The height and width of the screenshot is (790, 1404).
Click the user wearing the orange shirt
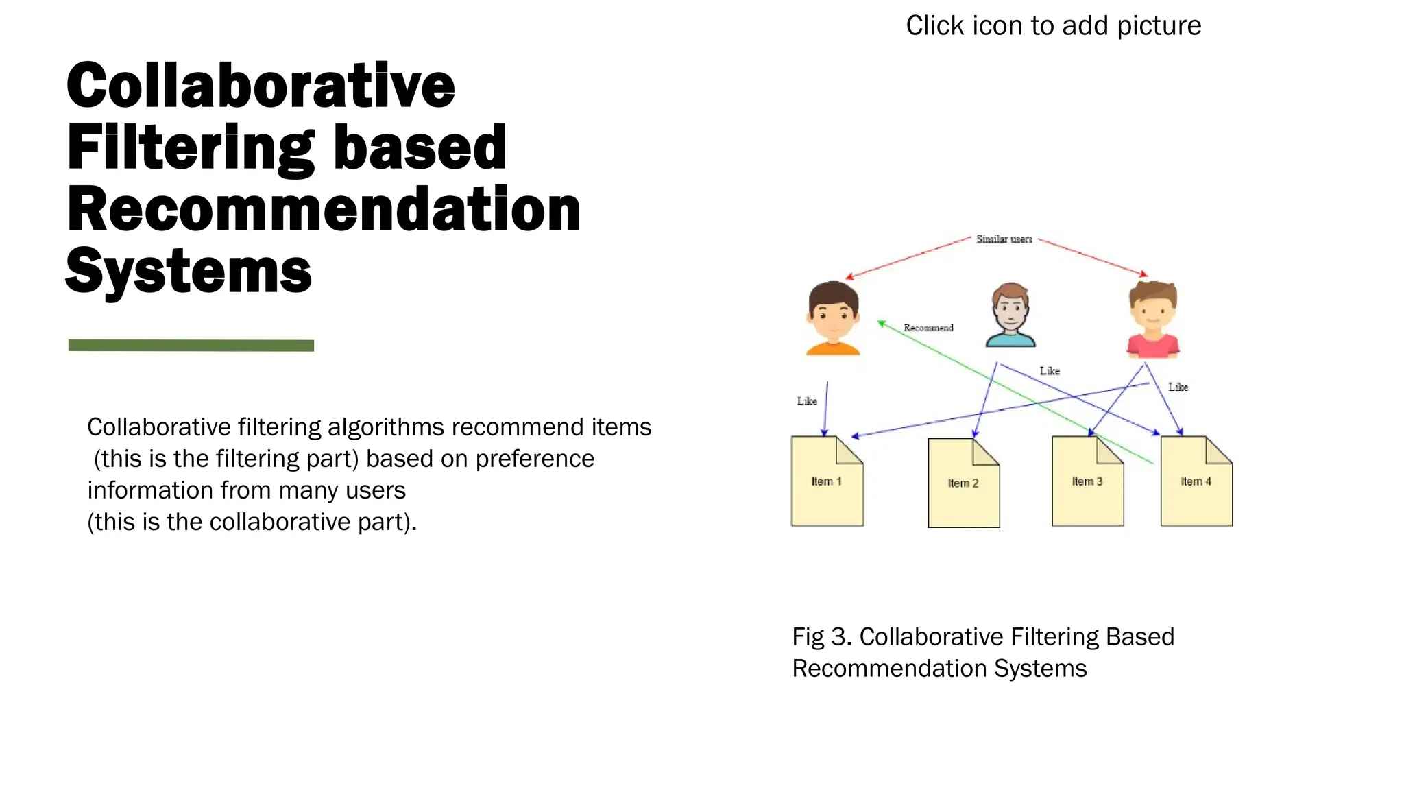[833, 318]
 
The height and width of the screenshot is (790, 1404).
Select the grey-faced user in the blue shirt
[1010, 315]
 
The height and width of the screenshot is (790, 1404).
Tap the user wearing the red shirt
[1153, 320]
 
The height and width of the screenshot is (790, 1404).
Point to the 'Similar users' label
[1004, 239]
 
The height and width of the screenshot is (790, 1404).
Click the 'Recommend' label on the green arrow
[928, 328]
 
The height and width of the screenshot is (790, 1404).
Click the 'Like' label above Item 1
[807, 401]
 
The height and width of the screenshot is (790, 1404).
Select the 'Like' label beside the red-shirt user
[1178, 387]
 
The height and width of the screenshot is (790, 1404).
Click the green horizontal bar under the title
[191, 346]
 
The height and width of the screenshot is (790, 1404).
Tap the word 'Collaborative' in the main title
[261, 86]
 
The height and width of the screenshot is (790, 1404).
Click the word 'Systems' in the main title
[189, 272]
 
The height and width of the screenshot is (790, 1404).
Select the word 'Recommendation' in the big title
[324, 210]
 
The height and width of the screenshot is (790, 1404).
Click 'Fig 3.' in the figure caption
[821, 637]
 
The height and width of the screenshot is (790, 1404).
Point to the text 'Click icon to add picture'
[1053, 26]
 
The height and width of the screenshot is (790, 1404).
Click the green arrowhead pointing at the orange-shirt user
[882, 323]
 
